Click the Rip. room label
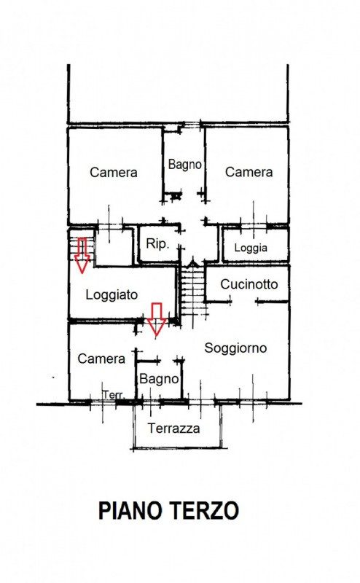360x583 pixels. point(157,244)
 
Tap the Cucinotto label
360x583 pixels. point(249,284)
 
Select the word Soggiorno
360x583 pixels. point(235,348)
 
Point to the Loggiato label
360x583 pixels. point(111,295)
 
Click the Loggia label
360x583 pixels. point(251,248)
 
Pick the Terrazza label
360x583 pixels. point(173,429)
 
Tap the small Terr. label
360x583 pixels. point(114,394)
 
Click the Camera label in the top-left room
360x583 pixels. point(114,172)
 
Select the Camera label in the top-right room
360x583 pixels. point(249,172)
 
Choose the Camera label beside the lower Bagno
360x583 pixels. point(101,359)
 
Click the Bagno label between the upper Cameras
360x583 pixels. point(185,164)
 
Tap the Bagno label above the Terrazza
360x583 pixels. point(159,379)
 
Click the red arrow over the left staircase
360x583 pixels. point(82,255)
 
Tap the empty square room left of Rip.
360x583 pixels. point(114,247)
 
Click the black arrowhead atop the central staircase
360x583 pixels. point(192,262)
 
